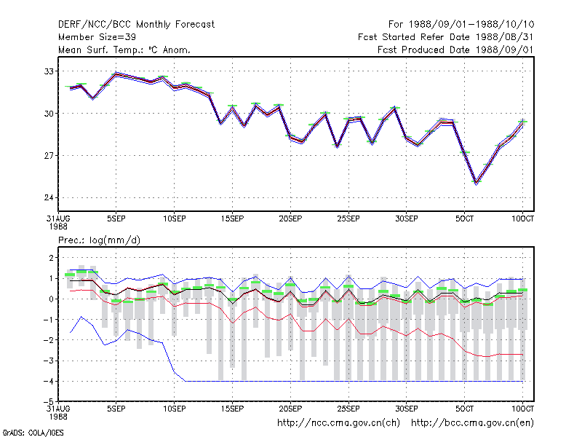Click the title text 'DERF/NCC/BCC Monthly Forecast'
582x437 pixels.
(136, 25)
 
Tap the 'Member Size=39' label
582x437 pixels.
(97, 37)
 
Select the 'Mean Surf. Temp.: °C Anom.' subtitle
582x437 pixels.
(124, 50)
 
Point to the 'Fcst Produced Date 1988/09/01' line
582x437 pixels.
(455, 50)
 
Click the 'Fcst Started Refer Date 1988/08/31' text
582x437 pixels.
(446, 37)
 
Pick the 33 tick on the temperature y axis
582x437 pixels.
(49, 71)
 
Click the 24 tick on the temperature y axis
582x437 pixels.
(49, 197)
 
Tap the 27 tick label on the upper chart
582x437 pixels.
(49, 155)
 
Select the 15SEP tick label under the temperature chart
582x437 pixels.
(232, 219)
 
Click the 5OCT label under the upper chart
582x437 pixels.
(464, 219)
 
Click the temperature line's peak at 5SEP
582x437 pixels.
(116, 74)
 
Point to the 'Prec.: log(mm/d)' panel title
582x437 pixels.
(99, 240)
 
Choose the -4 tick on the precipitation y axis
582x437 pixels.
(48, 381)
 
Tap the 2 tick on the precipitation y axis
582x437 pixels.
(51, 258)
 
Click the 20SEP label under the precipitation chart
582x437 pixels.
(290, 409)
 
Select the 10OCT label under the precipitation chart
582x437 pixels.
(522, 409)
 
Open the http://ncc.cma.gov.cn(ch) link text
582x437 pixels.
(338, 423)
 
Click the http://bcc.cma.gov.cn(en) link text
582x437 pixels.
(472, 423)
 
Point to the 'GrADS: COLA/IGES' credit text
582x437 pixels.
(33, 433)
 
